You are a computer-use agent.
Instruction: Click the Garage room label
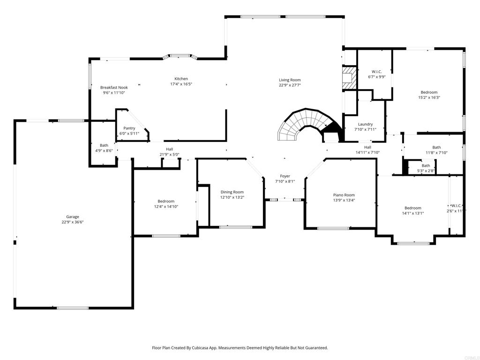pos(73,217)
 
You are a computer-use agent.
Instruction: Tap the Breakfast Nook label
pos(114,88)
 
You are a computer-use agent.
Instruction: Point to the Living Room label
pos(290,80)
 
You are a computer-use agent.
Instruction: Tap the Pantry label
pos(129,128)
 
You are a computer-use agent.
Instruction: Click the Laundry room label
pos(365,124)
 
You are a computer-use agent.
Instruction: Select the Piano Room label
pos(344,195)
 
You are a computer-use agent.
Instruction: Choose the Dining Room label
pos(232,192)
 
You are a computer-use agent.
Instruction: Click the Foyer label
pos(285,176)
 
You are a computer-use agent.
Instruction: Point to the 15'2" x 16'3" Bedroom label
pos(429,92)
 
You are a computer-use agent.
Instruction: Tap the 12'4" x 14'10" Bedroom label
pos(166,201)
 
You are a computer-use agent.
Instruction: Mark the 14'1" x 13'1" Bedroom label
pos(412,208)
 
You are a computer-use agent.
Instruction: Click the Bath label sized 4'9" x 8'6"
pos(104,145)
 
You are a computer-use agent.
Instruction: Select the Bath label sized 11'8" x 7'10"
pos(436,147)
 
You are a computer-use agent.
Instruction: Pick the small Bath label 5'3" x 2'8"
pos(426,165)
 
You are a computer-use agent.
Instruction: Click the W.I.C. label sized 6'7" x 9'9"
pos(376,72)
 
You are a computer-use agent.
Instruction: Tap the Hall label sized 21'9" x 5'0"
pos(169,149)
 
